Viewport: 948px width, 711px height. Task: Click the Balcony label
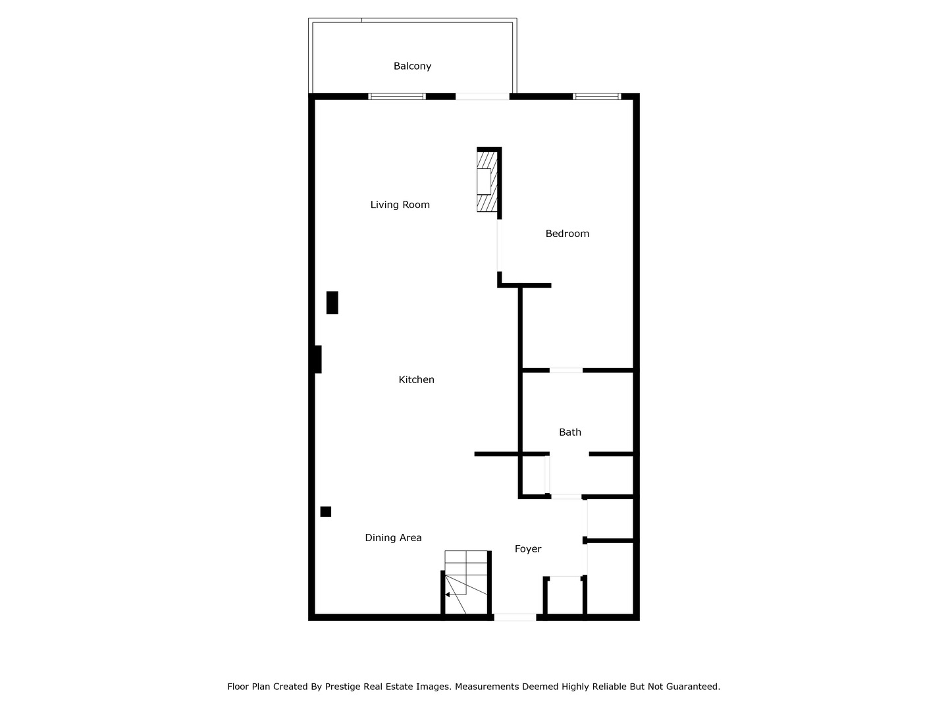[412, 66]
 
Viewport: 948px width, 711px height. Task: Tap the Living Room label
[400, 205]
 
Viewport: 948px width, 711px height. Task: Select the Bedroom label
[567, 234]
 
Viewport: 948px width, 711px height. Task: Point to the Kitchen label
[416, 380]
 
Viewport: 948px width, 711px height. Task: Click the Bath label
[569, 433]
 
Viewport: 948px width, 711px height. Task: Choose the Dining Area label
[393, 538]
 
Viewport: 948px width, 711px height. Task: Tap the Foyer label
[527, 549]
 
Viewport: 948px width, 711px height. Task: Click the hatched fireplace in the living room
[487, 181]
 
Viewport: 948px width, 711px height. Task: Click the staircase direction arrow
[448, 594]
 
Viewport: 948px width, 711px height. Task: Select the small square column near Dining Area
[325, 512]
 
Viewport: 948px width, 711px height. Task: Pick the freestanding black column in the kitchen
[332, 302]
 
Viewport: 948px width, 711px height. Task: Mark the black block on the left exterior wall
[317, 359]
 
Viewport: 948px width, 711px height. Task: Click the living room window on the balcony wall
[396, 97]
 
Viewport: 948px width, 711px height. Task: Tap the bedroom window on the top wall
[596, 97]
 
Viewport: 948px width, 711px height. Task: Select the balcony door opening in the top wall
[482, 97]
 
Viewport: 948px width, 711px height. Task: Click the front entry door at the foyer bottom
[515, 617]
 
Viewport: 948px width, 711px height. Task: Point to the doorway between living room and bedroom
[499, 245]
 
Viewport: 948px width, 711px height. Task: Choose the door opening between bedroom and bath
[566, 371]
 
